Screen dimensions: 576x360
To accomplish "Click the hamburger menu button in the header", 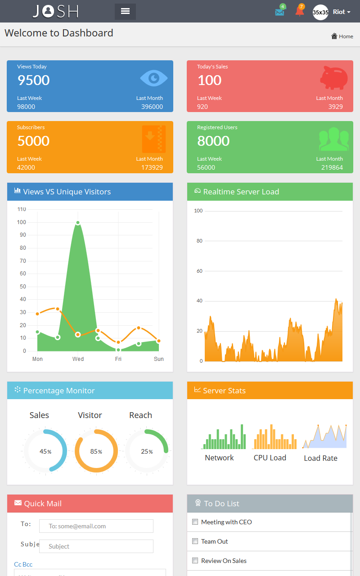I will [x=125, y=11].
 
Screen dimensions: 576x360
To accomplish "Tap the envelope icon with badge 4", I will [x=279, y=12].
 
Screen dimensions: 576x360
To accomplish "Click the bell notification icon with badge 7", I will [x=299, y=12].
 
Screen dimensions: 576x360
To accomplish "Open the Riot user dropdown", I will [x=341, y=12].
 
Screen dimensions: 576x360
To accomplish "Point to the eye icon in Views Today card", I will [x=153, y=78].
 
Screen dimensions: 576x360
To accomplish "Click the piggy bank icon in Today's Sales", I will [x=334, y=78].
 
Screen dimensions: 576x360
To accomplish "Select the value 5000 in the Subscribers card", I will [x=33, y=141].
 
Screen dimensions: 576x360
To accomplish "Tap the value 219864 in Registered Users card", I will [x=332, y=167].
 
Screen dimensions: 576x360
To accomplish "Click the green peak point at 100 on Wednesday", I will [x=78, y=223].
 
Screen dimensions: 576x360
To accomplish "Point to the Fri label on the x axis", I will [x=118, y=359].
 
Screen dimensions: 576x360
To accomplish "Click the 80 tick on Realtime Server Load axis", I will [x=199, y=241].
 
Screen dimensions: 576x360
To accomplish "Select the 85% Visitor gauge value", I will [x=96, y=451].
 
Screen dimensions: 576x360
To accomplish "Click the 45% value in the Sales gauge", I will [x=45, y=451].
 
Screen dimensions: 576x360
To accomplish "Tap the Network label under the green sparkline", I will [x=219, y=458].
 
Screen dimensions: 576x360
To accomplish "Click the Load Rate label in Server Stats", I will [x=320, y=458].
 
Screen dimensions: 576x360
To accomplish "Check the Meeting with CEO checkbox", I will [x=195, y=522].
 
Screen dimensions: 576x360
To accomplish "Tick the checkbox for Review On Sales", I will [x=195, y=561].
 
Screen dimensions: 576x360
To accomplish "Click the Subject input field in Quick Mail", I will [x=96, y=546].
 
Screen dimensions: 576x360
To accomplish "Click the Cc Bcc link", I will [x=23, y=564].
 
